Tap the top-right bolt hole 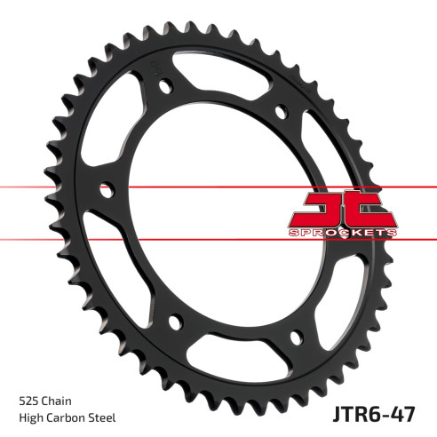281,113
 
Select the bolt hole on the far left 107,188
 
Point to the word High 31,417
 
